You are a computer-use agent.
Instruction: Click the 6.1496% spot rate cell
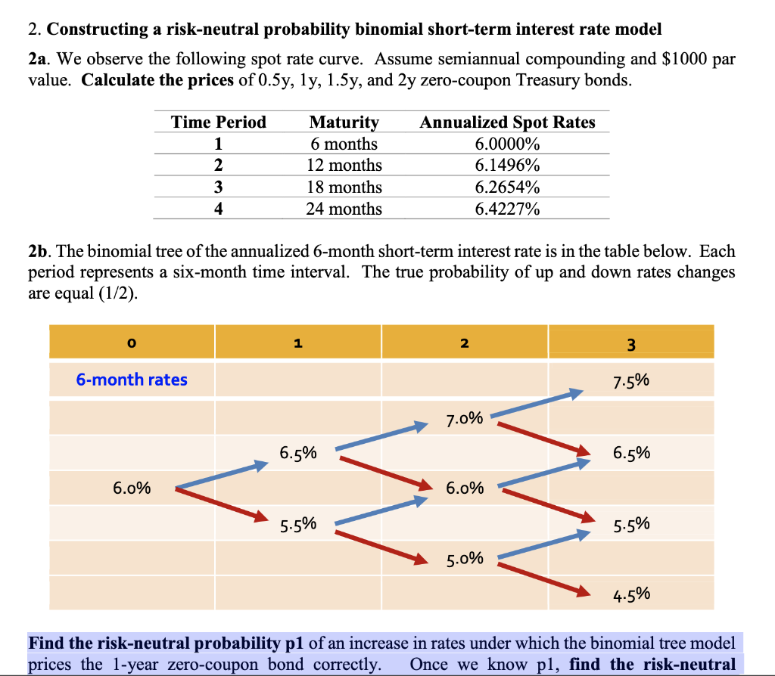507,165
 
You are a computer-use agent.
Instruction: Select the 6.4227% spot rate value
507,209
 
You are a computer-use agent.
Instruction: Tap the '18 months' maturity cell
344,187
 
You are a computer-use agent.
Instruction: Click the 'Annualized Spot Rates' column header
507,122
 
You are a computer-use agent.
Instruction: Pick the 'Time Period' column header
219,122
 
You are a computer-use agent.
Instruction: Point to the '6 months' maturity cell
344,144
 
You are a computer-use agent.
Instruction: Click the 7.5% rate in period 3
631,381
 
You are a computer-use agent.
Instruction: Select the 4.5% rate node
631,594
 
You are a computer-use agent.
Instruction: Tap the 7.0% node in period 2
465,417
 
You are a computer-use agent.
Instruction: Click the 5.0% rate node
465,560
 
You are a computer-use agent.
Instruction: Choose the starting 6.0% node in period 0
132,488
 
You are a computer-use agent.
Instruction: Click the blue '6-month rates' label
132,380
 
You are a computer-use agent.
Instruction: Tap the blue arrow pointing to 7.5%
539,403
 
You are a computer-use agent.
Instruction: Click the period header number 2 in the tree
465,343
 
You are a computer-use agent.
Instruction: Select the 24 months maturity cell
344,209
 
